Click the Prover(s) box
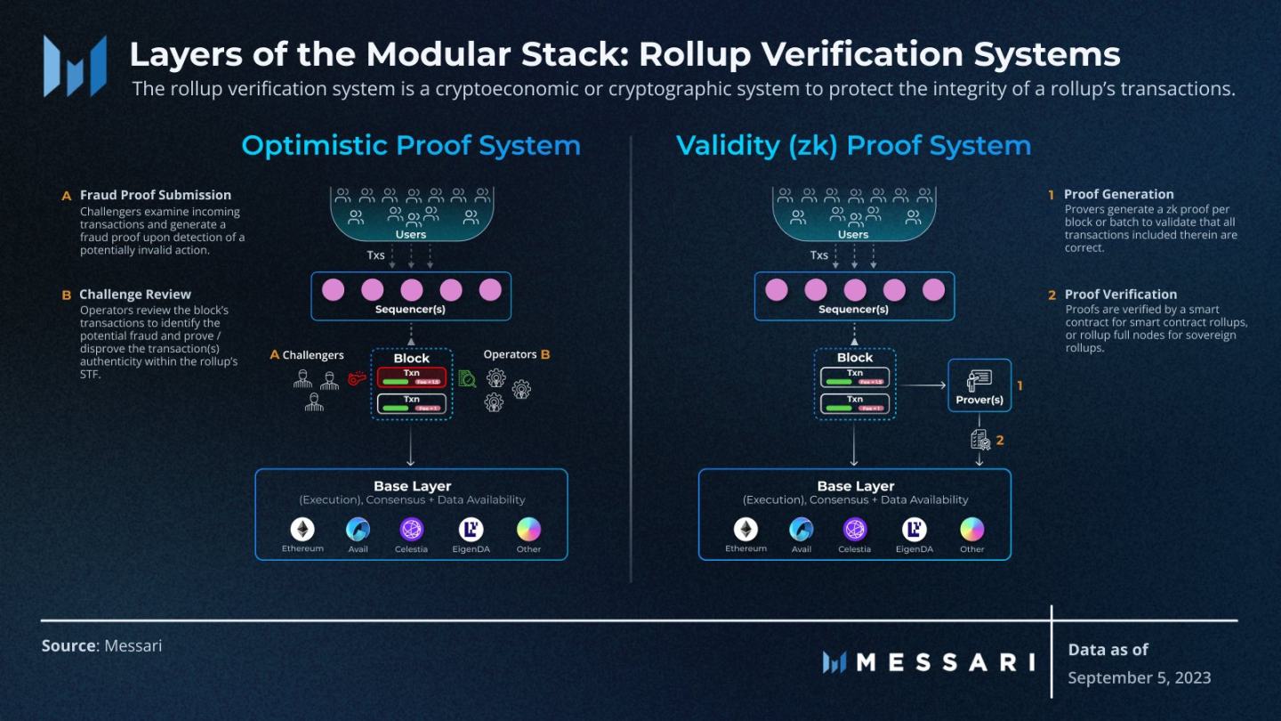point(979,385)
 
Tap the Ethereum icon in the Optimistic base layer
point(302,529)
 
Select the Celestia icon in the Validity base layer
point(855,530)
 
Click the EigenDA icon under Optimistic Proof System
point(471,530)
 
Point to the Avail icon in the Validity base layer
point(802,530)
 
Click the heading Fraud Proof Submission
point(155,195)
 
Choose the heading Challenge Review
point(134,295)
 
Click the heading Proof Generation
point(1118,194)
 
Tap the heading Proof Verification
point(1120,295)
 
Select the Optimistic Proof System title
point(410,146)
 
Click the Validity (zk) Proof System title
point(853,146)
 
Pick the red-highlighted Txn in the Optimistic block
point(411,377)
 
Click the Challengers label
point(312,355)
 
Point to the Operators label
point(510,354)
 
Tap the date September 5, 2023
point(1139,677)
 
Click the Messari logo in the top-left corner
point(75,66)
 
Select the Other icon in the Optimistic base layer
point(528,530)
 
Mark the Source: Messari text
point(101,645)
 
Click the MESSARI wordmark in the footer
point(928,662)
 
